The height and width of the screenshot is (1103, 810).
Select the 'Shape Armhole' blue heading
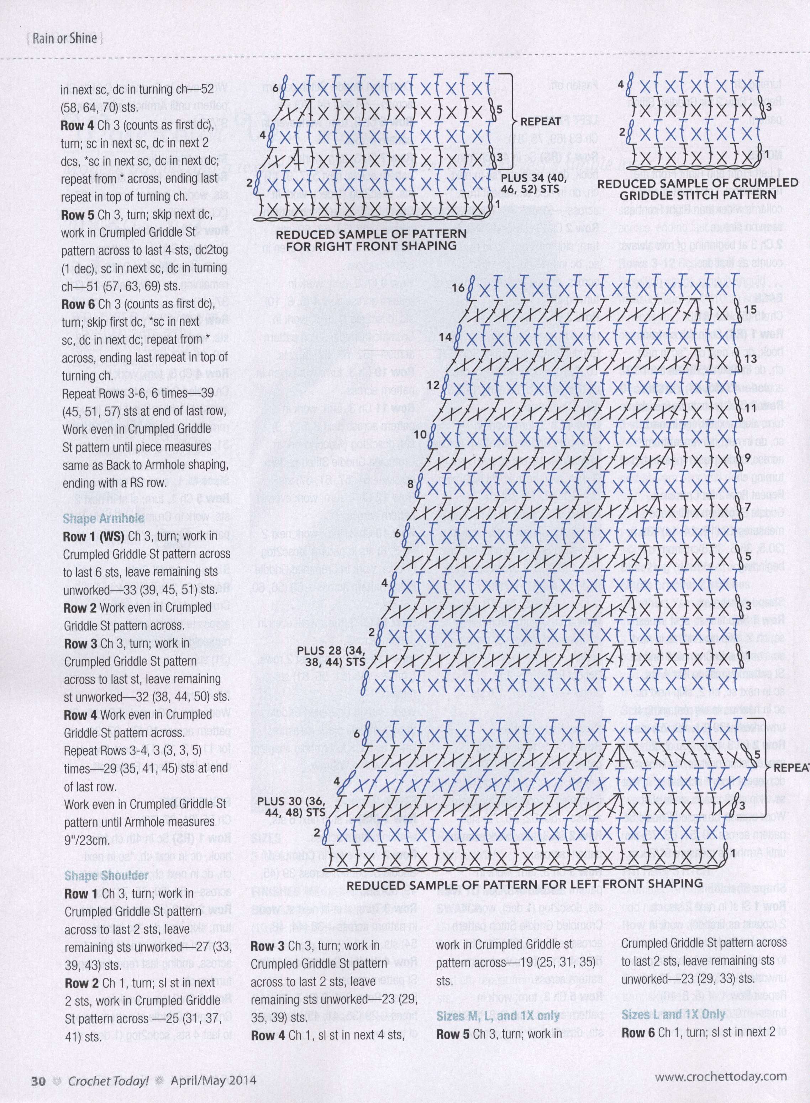pyautogui.click(x=104, y=518)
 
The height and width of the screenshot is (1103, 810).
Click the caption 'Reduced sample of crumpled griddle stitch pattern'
pyautogui.click(x=698, y=189)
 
